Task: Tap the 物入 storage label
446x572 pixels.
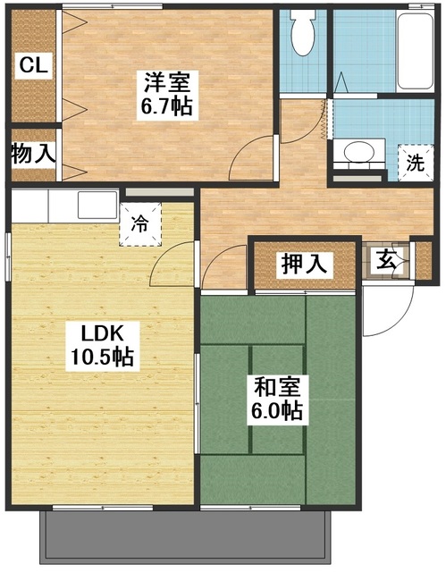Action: (33, 154)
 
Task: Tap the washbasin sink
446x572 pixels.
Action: (360, 153)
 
